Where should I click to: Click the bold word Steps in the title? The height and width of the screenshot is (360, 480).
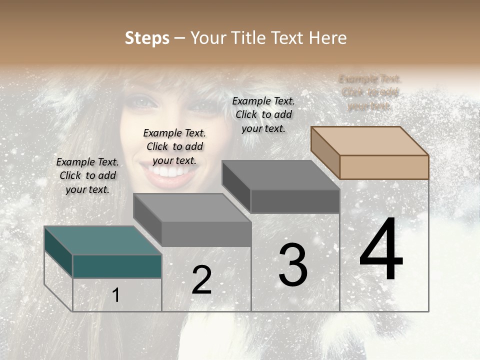[x=147, y=38]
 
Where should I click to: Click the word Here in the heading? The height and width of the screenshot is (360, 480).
[x=327, y=38]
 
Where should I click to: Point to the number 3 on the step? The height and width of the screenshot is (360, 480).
[x=293, y=265]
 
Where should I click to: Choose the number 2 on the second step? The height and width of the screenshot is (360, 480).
[x=201, y=280]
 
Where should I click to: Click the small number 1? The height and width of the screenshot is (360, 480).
[x=116, y=295]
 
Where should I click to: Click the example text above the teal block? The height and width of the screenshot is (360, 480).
[x=87, y=176]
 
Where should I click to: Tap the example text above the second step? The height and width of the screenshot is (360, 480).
[x=174, y=147]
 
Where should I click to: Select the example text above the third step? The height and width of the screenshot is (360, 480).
[x=263, y=115]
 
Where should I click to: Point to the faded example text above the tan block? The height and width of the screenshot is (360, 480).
[x=370, y=92]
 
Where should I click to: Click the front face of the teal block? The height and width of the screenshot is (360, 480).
[x=117, y=266]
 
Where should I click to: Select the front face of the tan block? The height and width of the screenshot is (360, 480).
[x=384, y=167]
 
